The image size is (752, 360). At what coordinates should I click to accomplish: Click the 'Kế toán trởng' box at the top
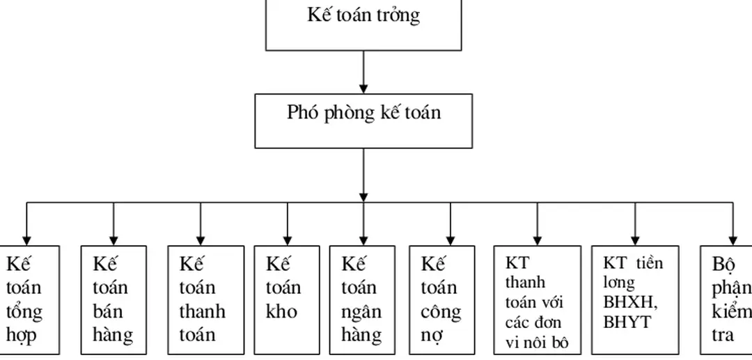pos(363,24)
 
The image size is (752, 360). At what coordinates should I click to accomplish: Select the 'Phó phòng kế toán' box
pos(363,120)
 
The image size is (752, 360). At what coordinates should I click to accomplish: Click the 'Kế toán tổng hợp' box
pos(29,299)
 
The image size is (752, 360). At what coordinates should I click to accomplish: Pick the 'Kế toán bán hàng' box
pos(113,299)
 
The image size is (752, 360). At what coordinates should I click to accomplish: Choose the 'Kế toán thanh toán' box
pos(206,299)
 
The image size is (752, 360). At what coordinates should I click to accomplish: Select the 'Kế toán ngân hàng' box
pos(364,299)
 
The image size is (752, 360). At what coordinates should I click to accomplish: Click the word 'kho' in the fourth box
pos(281,311)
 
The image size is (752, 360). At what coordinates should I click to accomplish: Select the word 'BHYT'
pos(627,322)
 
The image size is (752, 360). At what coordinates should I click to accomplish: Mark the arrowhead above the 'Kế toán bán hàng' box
pos(113,239)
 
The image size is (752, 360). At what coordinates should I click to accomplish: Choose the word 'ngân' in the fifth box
pos(361,311)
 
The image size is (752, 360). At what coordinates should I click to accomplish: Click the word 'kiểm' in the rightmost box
pos(731,311)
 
